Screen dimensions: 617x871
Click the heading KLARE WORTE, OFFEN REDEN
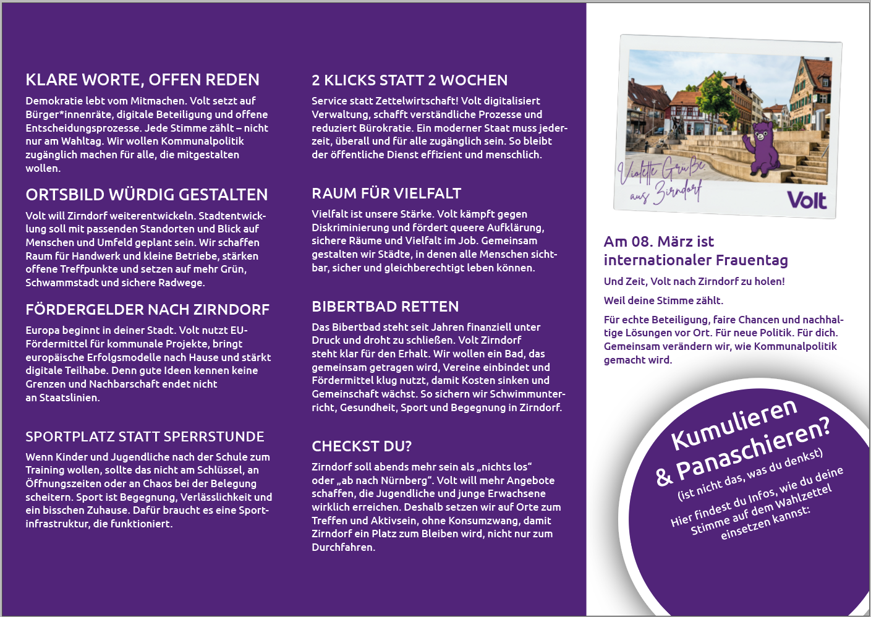[x=142, y=80]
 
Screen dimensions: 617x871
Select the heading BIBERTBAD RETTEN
[x=385, y=307]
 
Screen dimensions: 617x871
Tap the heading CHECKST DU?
[x=362, y=446]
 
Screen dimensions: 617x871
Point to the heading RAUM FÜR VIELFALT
[x=386, y=194]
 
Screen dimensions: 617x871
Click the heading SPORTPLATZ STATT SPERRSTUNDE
[x=145, y=436]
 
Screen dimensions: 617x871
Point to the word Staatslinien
[x=68, y=398]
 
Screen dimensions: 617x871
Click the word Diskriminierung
[x=351, y=228]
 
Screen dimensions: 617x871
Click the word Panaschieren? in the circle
[x=754, y=449]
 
